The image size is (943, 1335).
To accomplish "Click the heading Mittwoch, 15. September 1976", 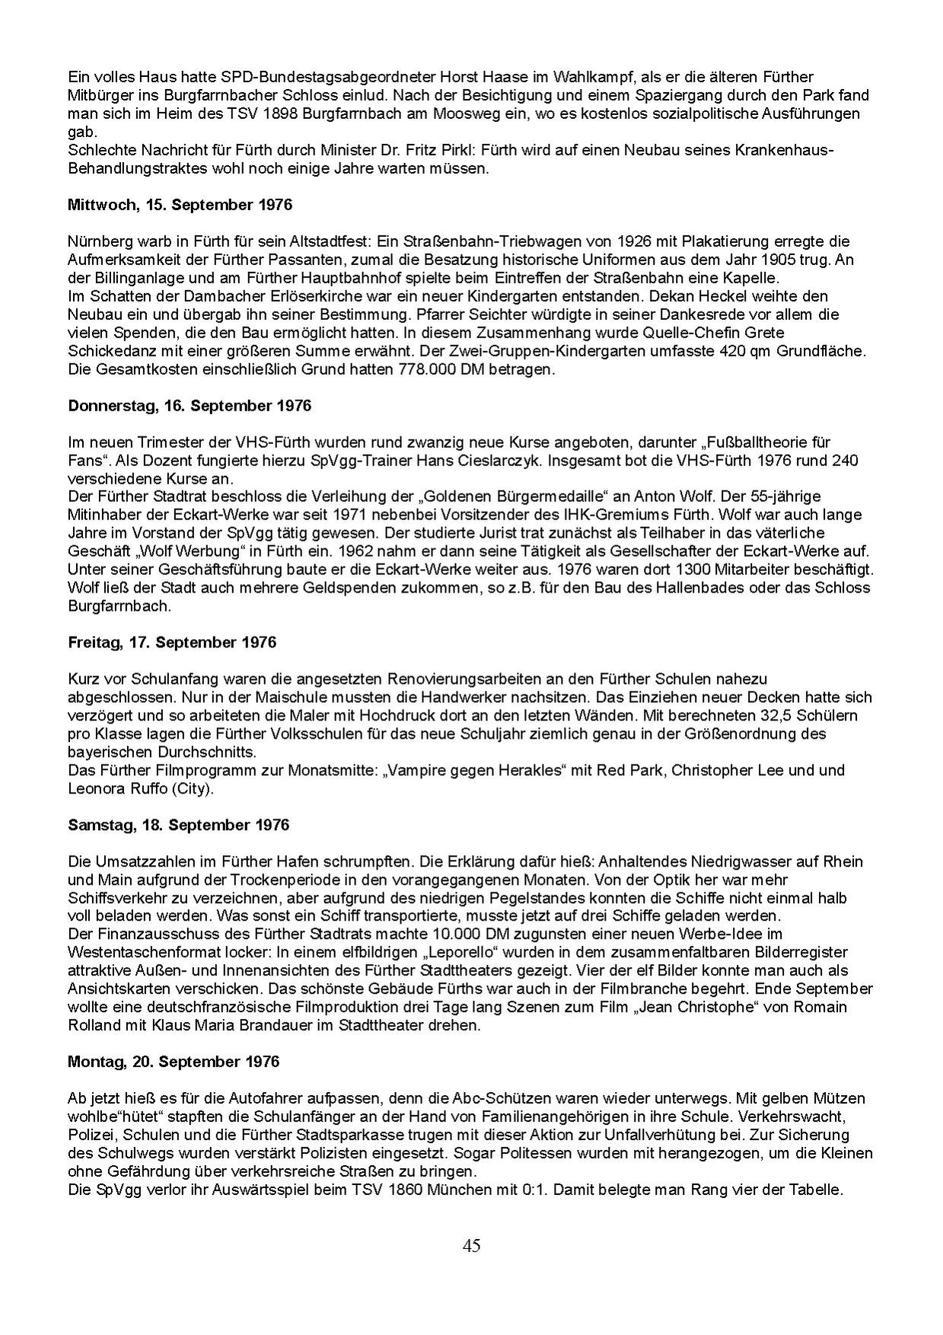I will (180, 205).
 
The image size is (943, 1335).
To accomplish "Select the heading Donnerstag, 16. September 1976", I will (190, 406).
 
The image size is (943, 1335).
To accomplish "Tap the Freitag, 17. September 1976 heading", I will (172, 642).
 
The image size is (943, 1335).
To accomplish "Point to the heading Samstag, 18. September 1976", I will (179, 825).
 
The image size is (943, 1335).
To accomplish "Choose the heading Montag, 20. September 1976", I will (174, 1062).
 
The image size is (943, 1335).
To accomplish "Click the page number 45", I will (471, 1246).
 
